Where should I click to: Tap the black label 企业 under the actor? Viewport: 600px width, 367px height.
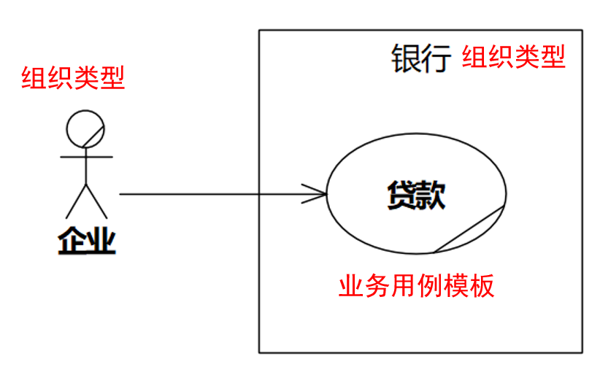pyautogui.click(x=87, y=240)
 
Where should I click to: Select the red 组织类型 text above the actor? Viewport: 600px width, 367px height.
pyautogui.click(x=73, y=77)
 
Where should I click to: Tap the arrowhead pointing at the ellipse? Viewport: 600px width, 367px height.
pyautogui.click(x=315, y=194)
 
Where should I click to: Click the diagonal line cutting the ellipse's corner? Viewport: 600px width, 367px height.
pyautogui.click(x=469, y=230)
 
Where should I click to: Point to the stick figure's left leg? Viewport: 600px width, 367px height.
pyautogui.click(x=76, y=201)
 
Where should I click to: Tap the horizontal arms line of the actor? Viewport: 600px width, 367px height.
pyautogui.click(x=86, y=156)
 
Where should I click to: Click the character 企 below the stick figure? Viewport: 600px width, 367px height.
pyautogui.click(x=72, y=240)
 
